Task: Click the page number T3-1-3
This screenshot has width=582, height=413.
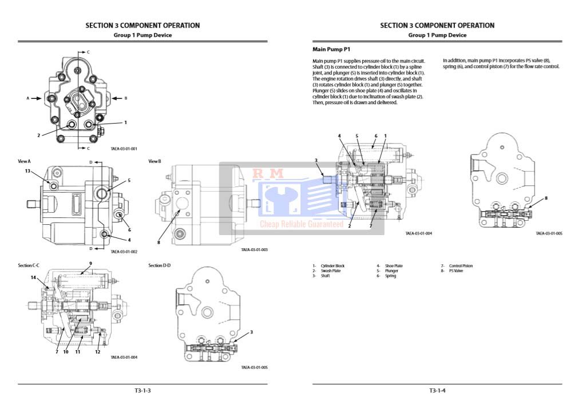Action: pyautogui.click(x=142, y=391)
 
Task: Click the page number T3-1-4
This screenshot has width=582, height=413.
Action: pyautogui.click(x=437, y=391)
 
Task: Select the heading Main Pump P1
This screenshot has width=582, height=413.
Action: pyautogui.click(x=331, y=49)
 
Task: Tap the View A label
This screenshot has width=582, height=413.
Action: pyautogui.click(x=24, y=161)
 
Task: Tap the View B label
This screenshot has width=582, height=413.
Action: pyautogui.click(x=155, y=161)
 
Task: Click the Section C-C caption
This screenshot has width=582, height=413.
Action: pyautogui.click(x=29, y=265)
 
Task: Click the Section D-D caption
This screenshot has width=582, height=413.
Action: pyautogui.click(x=160, y=265)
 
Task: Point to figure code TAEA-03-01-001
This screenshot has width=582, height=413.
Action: pyautogui.click(x=124, y=149)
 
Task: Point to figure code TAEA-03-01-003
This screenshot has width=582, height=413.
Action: pyautogui.click(x=254, y=250)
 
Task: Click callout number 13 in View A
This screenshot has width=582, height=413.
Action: pyautogui.click(x=27, y=171)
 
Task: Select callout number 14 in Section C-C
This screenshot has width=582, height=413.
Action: pyautogui.click(x=33, y=277)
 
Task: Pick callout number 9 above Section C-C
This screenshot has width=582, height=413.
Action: pyautogui.click(x=90, y=263)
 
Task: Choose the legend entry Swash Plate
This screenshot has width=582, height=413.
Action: pyautogui.click(x=330, y=271)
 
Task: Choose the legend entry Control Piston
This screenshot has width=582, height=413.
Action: pyautogui.click(x=461, y=266)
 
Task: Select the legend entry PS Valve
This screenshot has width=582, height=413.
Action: pyautogui.click(x=456, y=271)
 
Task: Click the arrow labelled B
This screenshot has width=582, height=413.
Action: pyautogui.click(x=117, y=98)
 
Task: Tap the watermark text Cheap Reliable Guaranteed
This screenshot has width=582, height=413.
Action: pyautogui.click(x=302, y=224)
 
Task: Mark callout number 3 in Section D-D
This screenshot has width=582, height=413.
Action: pyautogui.click(x=251, y=332)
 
